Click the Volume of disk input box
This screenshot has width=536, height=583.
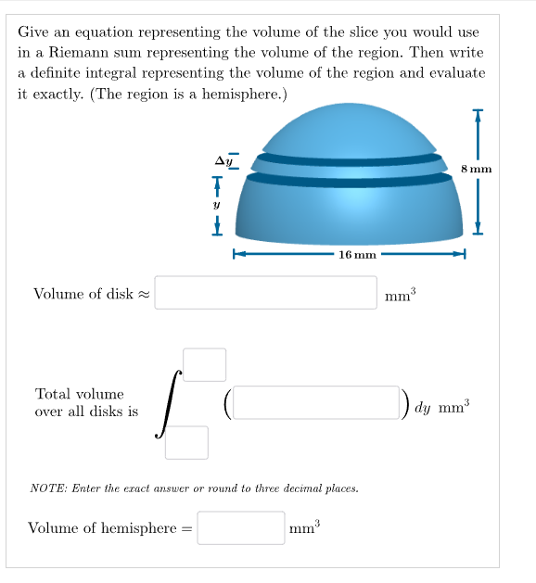click(x=265, y=293)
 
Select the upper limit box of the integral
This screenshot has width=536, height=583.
click(x=204, y=364)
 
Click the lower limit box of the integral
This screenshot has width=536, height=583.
click(x=186, y=442)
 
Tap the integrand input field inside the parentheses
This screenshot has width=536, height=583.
click(x=316, y=402)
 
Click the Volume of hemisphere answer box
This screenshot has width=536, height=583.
click(x=240, y=527)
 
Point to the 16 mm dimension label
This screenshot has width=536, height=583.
click(x=357, y=253)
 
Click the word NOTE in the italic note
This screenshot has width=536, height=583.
click(x=47, y=487)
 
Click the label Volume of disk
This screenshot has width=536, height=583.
click(x=83, y=294)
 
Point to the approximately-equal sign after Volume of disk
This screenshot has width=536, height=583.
click(x=144, y=295)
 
